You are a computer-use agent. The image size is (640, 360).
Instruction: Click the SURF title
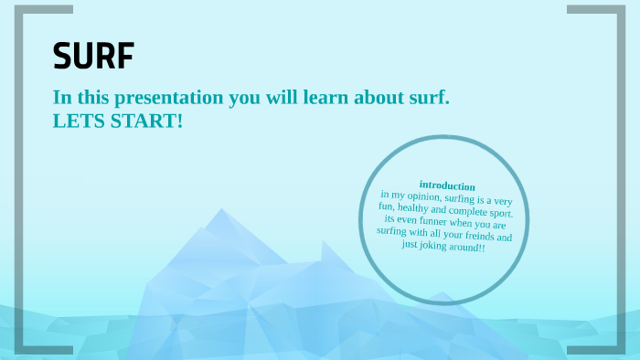(x=93, y=57)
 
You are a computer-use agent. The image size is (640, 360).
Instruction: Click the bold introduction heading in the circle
(x=447, y=185)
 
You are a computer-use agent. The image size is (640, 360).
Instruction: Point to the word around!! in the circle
(x=470, y=248)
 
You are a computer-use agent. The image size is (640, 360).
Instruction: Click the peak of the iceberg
(x=220, y=212)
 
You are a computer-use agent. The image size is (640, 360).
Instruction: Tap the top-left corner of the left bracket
(x=19, y=9)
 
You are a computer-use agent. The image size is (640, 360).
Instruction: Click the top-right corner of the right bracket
(x=623, y=9)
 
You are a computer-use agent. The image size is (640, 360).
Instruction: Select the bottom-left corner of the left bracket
(x=19, y=349)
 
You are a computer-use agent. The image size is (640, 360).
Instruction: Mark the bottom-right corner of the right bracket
(x=623, y=349)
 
